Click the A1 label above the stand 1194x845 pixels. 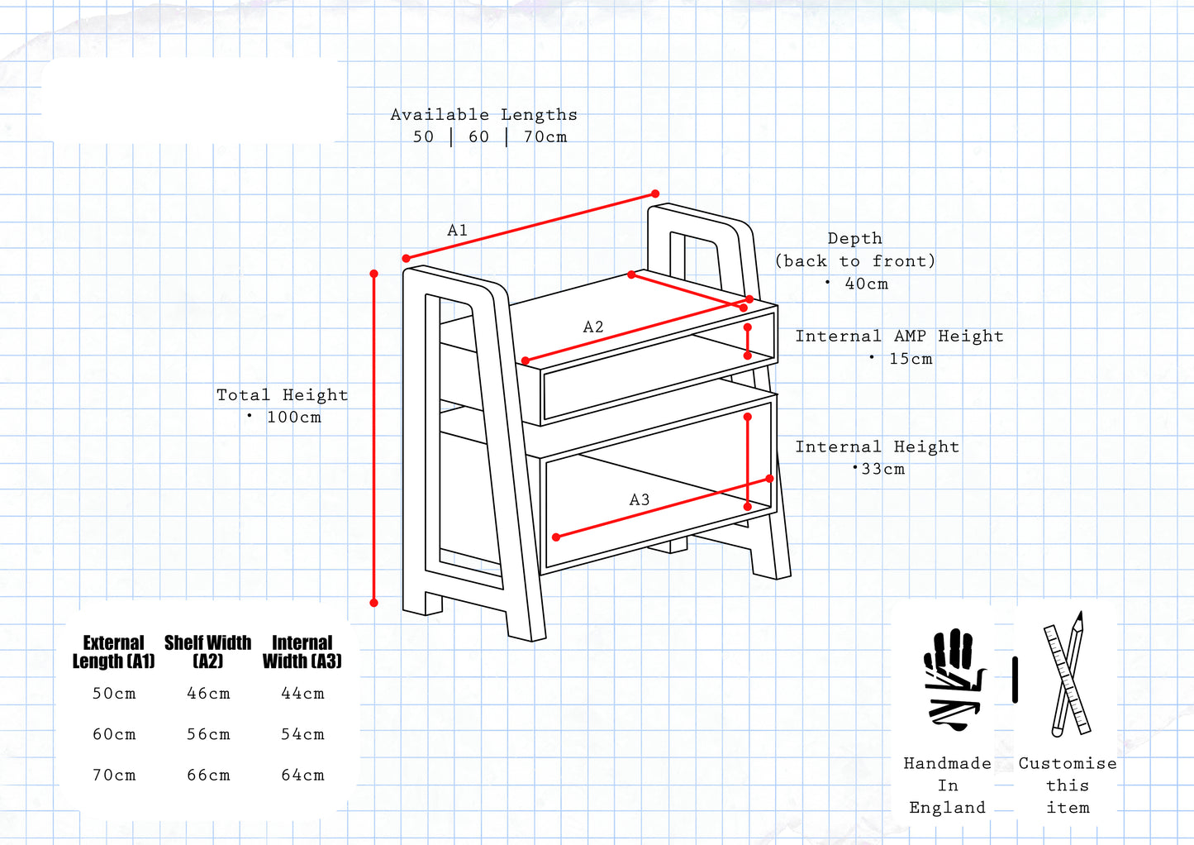(x=457, y=231)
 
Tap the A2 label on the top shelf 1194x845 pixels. (x=593, y=327)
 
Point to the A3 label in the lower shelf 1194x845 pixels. (x=640, y=500)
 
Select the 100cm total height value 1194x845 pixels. (x=293, y=418)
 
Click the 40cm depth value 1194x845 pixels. (x=866, y=284)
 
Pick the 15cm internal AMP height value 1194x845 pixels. (x=911, y=359)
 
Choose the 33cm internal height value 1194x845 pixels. (x=882, y=469)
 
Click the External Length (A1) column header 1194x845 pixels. (x=114, y=652)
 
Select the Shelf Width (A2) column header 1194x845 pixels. (x=207, y=652)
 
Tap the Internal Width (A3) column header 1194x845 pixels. (x=302, y=652)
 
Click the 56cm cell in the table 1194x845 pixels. (x=208, y=734)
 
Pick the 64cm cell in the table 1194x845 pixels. (x=302, y=776)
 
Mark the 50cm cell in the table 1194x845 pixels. (x=114, y=694)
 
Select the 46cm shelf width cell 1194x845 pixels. (x=208, y=694)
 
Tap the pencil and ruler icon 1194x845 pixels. (x=1067, y=675)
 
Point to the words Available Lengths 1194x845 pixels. (x=483, y=115)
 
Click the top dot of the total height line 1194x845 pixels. (x=374, y=274)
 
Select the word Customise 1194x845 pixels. (x=1067, y=763)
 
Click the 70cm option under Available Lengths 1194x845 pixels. (x=545, y=137)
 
